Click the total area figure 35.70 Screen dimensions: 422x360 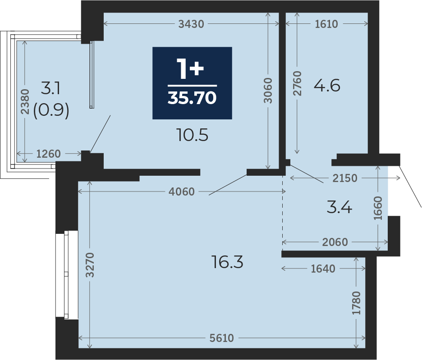[192, 97]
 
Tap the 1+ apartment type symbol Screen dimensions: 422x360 [190, 69]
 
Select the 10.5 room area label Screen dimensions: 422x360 [192, 135]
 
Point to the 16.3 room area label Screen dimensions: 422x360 [227, 262]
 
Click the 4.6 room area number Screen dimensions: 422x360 [327, 86]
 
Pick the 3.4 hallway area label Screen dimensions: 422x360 [339, 207]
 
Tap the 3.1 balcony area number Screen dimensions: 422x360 [50, 88]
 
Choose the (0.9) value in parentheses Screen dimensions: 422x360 [51, 110]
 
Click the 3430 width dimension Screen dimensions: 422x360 [191, 24]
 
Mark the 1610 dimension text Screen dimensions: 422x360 [326, 24]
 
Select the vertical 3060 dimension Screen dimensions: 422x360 [268, 91]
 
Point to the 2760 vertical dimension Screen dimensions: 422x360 [297, 83]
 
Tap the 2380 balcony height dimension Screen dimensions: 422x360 [25, 102]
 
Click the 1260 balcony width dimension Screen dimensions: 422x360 [48, 154]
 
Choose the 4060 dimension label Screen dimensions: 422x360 [181, 191]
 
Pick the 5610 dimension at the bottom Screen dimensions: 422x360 [222, 338]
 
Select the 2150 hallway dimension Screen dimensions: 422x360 [345, 178]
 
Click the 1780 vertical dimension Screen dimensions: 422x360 [356, 303]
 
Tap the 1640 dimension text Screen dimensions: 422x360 [323, 269]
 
